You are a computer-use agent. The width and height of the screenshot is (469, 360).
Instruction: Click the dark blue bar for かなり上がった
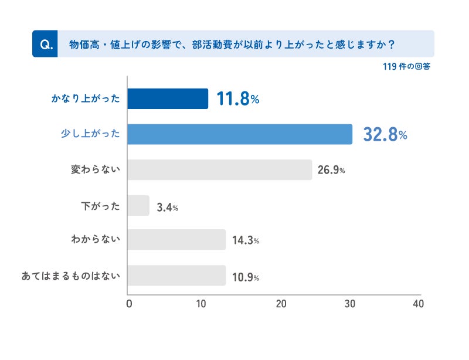(x=168, y=99)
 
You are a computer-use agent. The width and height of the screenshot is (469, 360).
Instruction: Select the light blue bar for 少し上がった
(x=240, y=134)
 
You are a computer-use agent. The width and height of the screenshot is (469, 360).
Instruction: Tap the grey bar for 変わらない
(x=219, y=170)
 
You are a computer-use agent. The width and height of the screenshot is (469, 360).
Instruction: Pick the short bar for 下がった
(x=138, y=206)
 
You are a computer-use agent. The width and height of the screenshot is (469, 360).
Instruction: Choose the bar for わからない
(x=176, y=240)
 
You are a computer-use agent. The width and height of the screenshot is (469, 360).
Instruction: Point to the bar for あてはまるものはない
(x=176, y=276)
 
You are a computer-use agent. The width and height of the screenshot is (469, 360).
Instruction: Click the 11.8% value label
(x=237, y=99)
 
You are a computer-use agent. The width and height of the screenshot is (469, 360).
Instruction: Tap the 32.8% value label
(x=385, y=135)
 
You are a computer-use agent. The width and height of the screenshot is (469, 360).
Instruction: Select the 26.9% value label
(x=331, y=171)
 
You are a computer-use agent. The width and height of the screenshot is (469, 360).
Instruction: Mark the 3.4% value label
(x=167, y=207)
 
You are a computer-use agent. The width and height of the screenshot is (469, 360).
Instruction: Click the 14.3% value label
(x=246, y=240)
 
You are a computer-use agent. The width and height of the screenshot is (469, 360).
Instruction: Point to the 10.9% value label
(x=246, y=276)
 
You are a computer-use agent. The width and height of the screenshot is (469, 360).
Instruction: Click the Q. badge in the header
(x=45, y=44)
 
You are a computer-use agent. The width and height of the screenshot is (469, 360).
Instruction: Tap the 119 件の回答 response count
(x=406, y=67)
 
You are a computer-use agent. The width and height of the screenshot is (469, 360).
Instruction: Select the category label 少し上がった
(x=91, y=134)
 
